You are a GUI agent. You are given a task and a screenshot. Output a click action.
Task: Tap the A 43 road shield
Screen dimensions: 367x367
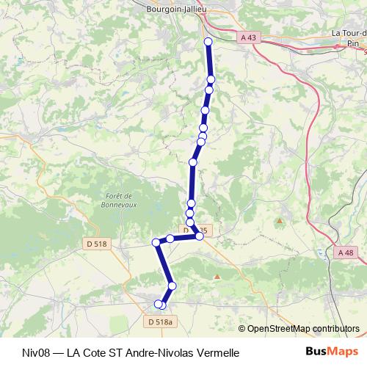point(249,37)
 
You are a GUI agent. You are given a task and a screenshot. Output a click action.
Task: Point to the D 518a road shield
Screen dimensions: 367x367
point(159,321)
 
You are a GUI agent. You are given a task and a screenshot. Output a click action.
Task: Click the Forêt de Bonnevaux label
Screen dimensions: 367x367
point(118,200)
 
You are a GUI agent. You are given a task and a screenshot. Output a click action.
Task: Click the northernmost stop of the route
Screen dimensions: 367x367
point(208,42)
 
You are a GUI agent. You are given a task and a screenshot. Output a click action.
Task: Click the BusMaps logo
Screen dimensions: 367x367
point(331,352)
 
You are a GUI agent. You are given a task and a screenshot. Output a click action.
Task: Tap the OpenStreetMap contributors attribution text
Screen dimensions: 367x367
point(302,328)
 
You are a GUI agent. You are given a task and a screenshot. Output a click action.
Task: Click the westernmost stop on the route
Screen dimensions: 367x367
point(156,242)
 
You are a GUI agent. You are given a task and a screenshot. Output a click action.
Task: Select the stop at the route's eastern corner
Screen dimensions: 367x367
point(199,236)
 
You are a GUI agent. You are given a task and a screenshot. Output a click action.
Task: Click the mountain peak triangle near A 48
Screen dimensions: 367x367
point(279,220)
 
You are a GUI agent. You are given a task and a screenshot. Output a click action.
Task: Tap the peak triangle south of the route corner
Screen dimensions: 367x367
point(217,276)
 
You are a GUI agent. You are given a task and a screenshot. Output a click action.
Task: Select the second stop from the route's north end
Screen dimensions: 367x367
point(211,79)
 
